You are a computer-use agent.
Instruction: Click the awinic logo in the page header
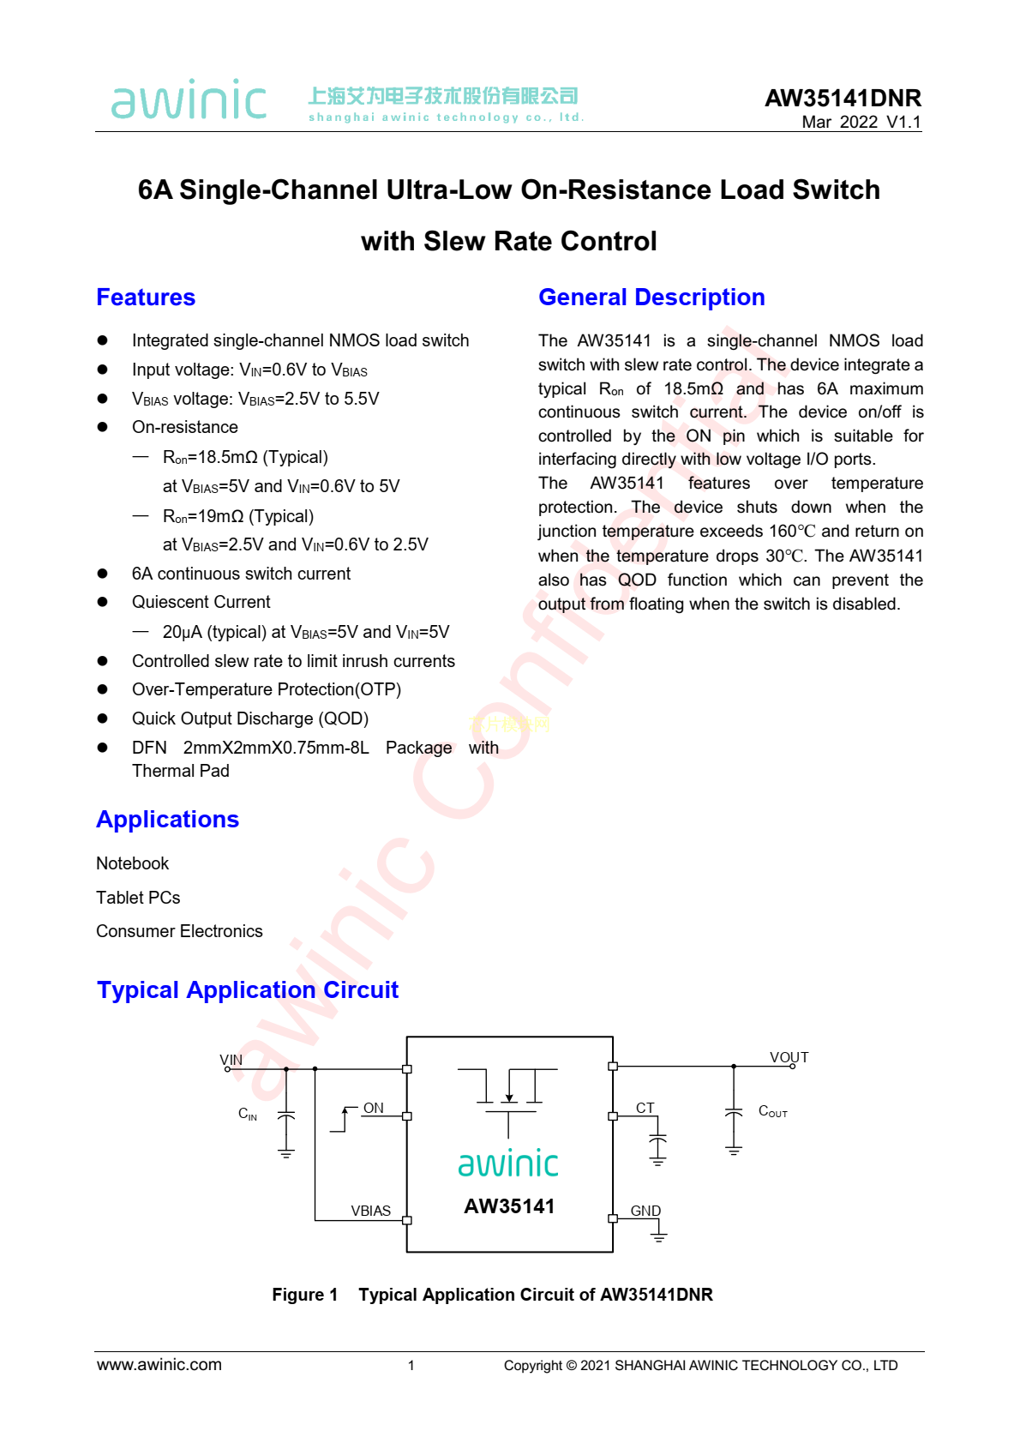[x=189, y=100]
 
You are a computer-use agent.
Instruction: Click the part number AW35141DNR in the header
[x=843, y=98]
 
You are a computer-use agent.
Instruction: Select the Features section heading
[x=146, y=298]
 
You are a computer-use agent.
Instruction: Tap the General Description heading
[x=651, y=298]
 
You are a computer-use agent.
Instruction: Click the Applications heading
[x=167, y=820]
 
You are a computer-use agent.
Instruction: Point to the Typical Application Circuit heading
[x=248, y=990]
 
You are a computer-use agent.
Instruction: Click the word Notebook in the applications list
[x=133, y=863]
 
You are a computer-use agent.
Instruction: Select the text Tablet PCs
[x=138, y=898]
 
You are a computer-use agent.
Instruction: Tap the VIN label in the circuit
[x=231, y=1060]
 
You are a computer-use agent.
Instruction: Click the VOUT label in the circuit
[x=789, y=1057]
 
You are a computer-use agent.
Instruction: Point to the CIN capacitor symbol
[x=286, y=1115]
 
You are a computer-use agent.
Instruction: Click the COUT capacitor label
[x=772, y=1111]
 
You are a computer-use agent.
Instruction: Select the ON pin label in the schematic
[x=374, y=1108]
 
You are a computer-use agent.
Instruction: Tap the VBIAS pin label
[x=370, y=1211]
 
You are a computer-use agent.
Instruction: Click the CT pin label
[x=645, y=1108]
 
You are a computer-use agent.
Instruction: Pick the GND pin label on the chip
[x=645, y=1211]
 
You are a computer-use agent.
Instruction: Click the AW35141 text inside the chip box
[x=509, y=1206]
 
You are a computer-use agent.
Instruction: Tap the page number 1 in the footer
[x=411, y=1366]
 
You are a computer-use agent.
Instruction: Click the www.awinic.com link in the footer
[x=159, y=1365]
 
